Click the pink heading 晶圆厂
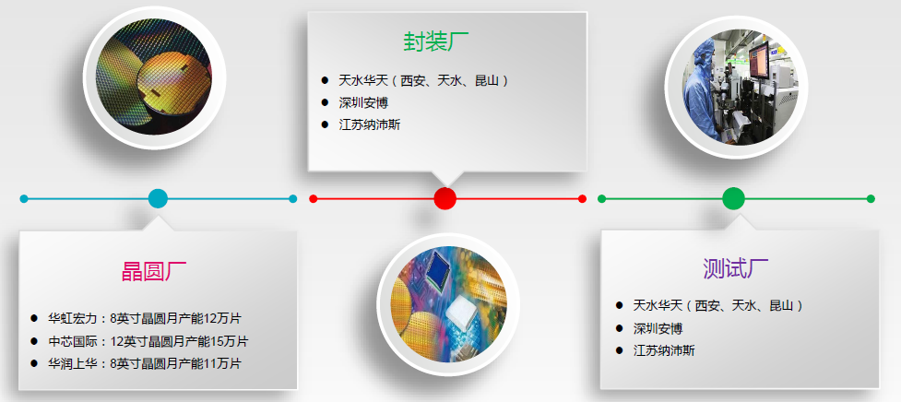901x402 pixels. point(154,271)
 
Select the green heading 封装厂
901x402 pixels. point(436,41)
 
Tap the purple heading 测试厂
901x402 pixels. point(735,268)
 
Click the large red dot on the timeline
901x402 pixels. point(445,198)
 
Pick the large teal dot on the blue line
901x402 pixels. point(158,198)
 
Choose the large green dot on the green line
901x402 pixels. point(733,198)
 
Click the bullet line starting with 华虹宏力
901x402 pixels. point(144,318)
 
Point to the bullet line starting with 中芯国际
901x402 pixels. point(148,341)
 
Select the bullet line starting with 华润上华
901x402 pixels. point(144,363)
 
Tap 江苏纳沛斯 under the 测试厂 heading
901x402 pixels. point(664,350)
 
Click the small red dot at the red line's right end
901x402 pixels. point(582,198)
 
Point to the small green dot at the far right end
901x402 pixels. point(871,198)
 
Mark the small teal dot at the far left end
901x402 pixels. point(24,198)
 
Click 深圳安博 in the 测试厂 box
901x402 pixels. point(658,328)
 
